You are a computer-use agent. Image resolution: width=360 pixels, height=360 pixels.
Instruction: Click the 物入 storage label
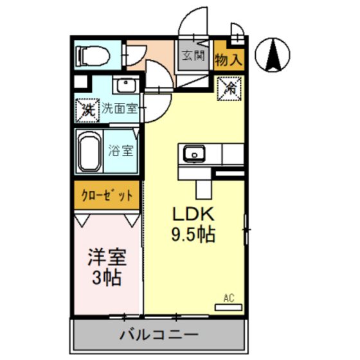tap(229, 60)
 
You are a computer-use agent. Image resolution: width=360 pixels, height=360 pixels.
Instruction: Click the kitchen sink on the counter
tap(194, 154)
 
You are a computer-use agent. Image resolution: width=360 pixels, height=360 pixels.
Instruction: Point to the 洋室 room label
tap(107, 257)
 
